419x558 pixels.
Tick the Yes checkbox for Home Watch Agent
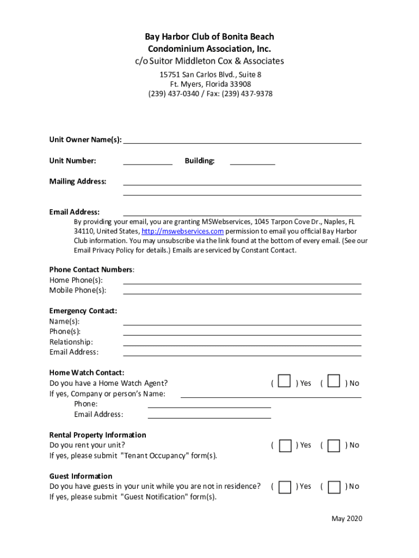tap(284, 381)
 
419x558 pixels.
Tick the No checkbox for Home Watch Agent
tap(334, 381)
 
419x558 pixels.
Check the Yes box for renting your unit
tap(285, 446)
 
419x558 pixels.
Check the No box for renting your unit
tap(335, 446)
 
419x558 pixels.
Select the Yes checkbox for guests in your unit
tap(285, 487)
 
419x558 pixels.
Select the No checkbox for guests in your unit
tap(335, 487)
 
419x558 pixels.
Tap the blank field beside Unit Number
tap(147, 160)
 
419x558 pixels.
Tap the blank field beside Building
tap(252, 160)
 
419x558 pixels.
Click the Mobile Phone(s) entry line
tap(242, 290)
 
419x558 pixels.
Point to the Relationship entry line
tap(242, 342)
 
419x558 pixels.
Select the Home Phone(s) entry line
tap(242, 280)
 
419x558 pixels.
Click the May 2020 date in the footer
tap(347, 518)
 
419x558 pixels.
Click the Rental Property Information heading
tap(98, 435)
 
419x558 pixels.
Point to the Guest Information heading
tap(81, 476)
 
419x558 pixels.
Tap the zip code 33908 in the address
tap(240, 84)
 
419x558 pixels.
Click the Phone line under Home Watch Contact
tap(209, 404)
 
